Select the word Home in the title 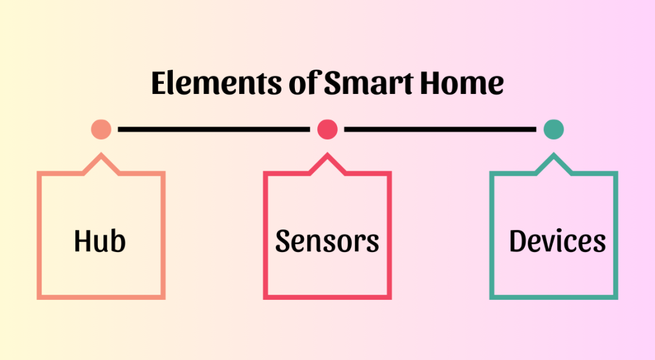pos(465,84)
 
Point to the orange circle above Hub pos(101,129)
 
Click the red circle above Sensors pos(327,129)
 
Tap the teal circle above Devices pos(553,129)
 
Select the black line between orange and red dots pos(214,129)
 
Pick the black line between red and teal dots pos(440,129)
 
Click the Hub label pos(100,242)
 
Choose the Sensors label pos(327,242)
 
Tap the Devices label pos(557,242)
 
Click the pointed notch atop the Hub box pos(101,157)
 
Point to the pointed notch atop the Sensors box pos(327,157)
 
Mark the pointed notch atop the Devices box pos(553,157)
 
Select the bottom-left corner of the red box pos(265,297)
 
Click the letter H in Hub pos(83,242)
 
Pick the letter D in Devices pos(519,242)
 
